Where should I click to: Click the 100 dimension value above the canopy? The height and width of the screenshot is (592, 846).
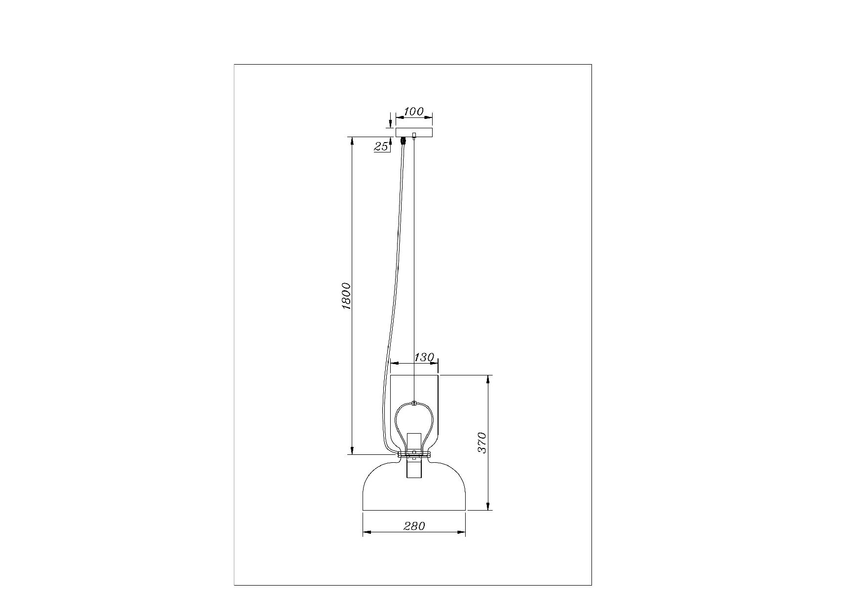point(413,111)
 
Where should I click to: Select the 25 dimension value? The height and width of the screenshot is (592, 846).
point(381,146)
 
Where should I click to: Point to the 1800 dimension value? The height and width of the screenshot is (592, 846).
point(346,296)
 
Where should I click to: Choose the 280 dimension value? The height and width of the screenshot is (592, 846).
point(414,526)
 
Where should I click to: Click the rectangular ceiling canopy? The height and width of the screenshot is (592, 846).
point(414,132)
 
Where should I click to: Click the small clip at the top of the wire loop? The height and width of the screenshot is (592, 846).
point(414,403)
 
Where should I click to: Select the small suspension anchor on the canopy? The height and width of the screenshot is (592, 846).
point(414,135)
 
